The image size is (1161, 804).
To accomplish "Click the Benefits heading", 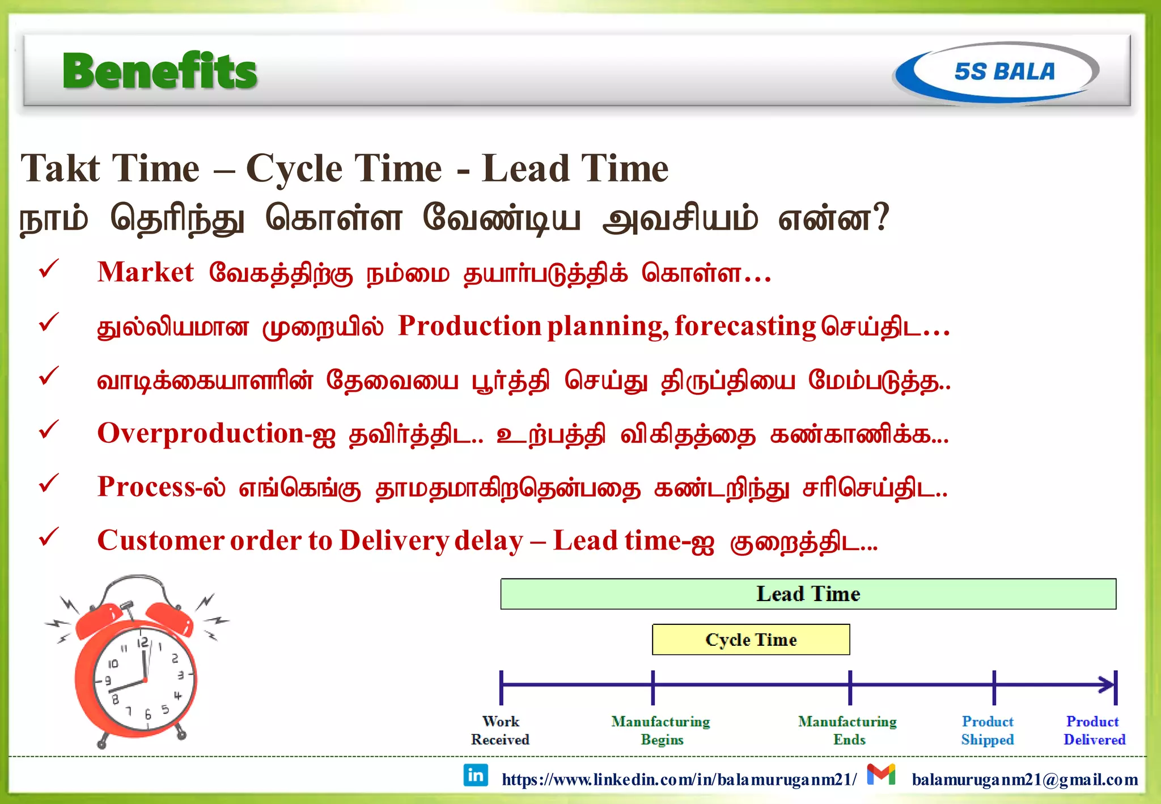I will [160, 71].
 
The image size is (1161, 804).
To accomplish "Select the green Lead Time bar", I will [808, 594].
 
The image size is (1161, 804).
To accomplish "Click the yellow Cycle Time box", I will [751, 640].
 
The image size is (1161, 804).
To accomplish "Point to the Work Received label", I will [500, 730].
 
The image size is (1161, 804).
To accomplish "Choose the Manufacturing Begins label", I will [661, 730].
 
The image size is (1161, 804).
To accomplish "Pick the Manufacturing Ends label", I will [848, 730].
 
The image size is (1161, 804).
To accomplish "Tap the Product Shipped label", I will [988, 730].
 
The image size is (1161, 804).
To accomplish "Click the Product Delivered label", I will [1094, 730].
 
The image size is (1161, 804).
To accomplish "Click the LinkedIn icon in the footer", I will [476, 775].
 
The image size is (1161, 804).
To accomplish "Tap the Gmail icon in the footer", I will [881, 775].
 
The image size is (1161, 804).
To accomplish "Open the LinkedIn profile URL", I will [679, 780].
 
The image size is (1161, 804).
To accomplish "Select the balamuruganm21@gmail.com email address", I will [1025, 780].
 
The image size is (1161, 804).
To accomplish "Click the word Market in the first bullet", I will [146, 272].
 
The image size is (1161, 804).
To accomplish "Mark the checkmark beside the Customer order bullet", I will [49, 537].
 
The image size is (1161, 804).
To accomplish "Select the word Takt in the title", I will [61, 168].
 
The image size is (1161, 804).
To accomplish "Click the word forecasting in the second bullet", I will [745, 326].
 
